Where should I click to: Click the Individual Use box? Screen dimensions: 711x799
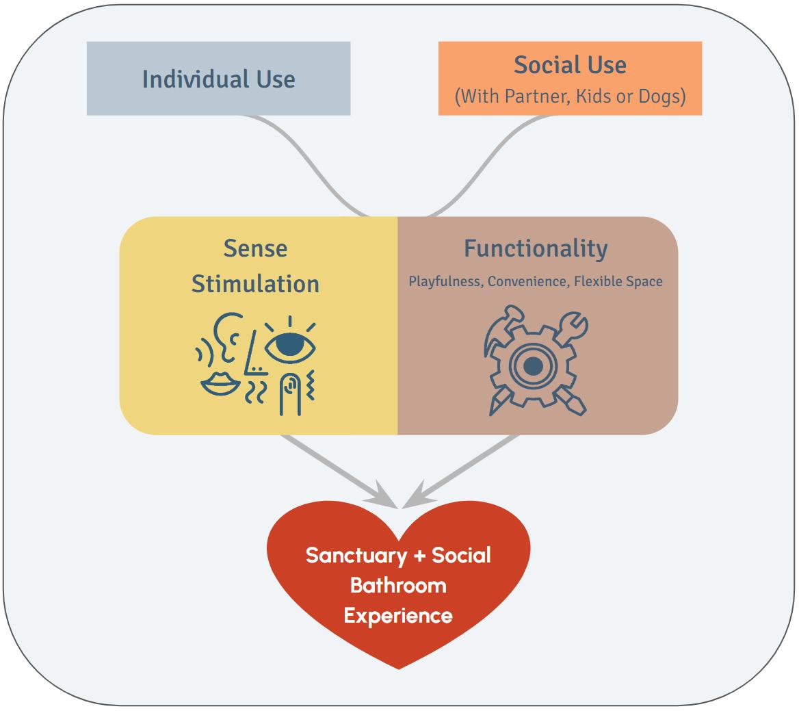[218, 79]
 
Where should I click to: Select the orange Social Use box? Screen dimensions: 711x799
[570, 78]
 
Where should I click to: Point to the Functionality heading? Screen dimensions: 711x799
[536, 248]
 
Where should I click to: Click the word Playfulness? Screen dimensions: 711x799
[445, 281]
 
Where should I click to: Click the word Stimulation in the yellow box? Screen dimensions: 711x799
[255, 284]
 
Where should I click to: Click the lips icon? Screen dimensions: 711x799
[219, 384]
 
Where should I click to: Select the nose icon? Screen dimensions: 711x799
[254, 352]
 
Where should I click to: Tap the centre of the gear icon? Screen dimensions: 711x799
[534, 366]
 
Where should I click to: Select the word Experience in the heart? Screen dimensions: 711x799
[398, 615]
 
